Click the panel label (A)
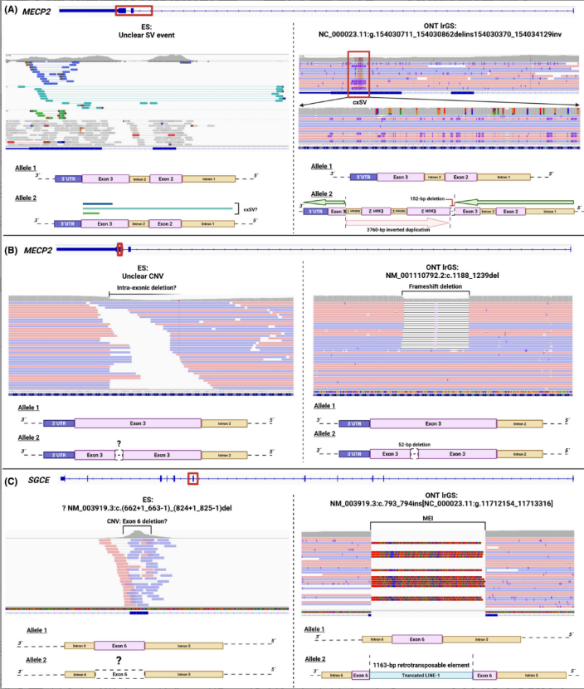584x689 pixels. (12, 9)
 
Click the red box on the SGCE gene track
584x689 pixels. (192, 478)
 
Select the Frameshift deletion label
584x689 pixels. (436, 286)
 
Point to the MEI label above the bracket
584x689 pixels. (426, 518)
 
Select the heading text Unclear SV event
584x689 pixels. (146, 34)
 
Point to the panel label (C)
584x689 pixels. (12, 480)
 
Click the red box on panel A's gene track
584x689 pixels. (134, 9)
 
